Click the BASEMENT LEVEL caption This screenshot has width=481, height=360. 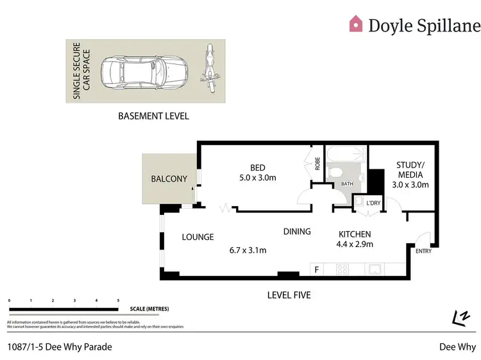pos(153,116)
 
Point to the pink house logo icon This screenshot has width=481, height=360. pos(355,24)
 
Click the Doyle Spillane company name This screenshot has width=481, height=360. pos(424,25)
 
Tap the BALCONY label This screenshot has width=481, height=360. pos(169,179)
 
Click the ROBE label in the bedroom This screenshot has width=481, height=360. pos(317,164)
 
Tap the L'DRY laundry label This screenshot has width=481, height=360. pos(373,203)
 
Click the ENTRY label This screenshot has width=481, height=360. pos(423,251)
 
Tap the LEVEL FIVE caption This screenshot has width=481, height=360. pos(289,295)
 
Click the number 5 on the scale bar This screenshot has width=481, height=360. pos(118,300)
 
